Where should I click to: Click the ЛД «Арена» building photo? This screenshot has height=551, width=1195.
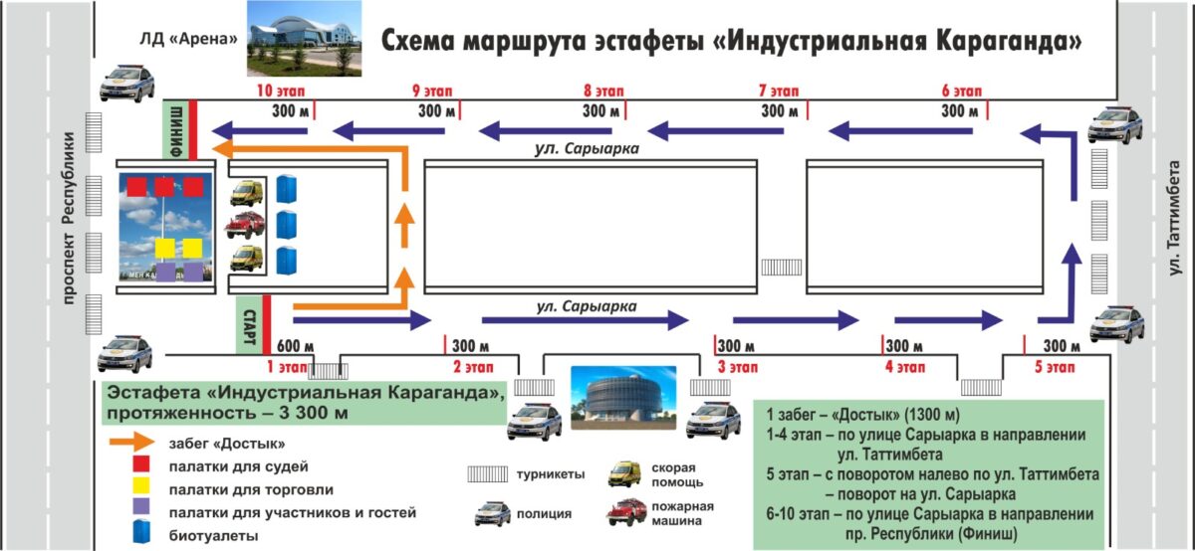(302, 39)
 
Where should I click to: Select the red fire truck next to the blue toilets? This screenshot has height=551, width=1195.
(245, 225)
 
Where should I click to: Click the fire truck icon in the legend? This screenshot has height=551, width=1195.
(625, 512)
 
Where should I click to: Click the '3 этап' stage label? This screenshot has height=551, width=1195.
(739, 366)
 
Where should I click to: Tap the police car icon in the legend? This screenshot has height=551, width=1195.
(492, 513)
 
